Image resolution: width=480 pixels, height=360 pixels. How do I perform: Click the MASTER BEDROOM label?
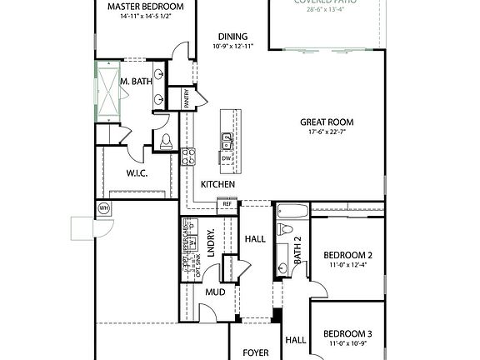(x=146, y=7)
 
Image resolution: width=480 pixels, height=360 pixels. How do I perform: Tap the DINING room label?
(x=234, y=36)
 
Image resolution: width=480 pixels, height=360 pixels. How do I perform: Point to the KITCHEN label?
(x=217, y=184)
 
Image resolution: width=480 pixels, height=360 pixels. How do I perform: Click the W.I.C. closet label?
(x=137, y=174)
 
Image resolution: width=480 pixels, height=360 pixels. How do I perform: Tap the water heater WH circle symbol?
(x=104, y=207)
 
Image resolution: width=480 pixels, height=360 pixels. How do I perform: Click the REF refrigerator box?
(x=226, y=203)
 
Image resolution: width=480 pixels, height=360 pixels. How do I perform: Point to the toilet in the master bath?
(x=165, y=140)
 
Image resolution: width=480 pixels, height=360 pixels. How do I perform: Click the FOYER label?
(x=255, y=352)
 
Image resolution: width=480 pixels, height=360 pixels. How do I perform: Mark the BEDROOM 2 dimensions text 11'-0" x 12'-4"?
(x=346, y=265)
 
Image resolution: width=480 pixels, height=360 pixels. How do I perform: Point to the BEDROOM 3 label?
(x=346, y=333)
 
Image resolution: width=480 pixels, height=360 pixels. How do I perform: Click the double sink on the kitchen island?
(x=226, y=138)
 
